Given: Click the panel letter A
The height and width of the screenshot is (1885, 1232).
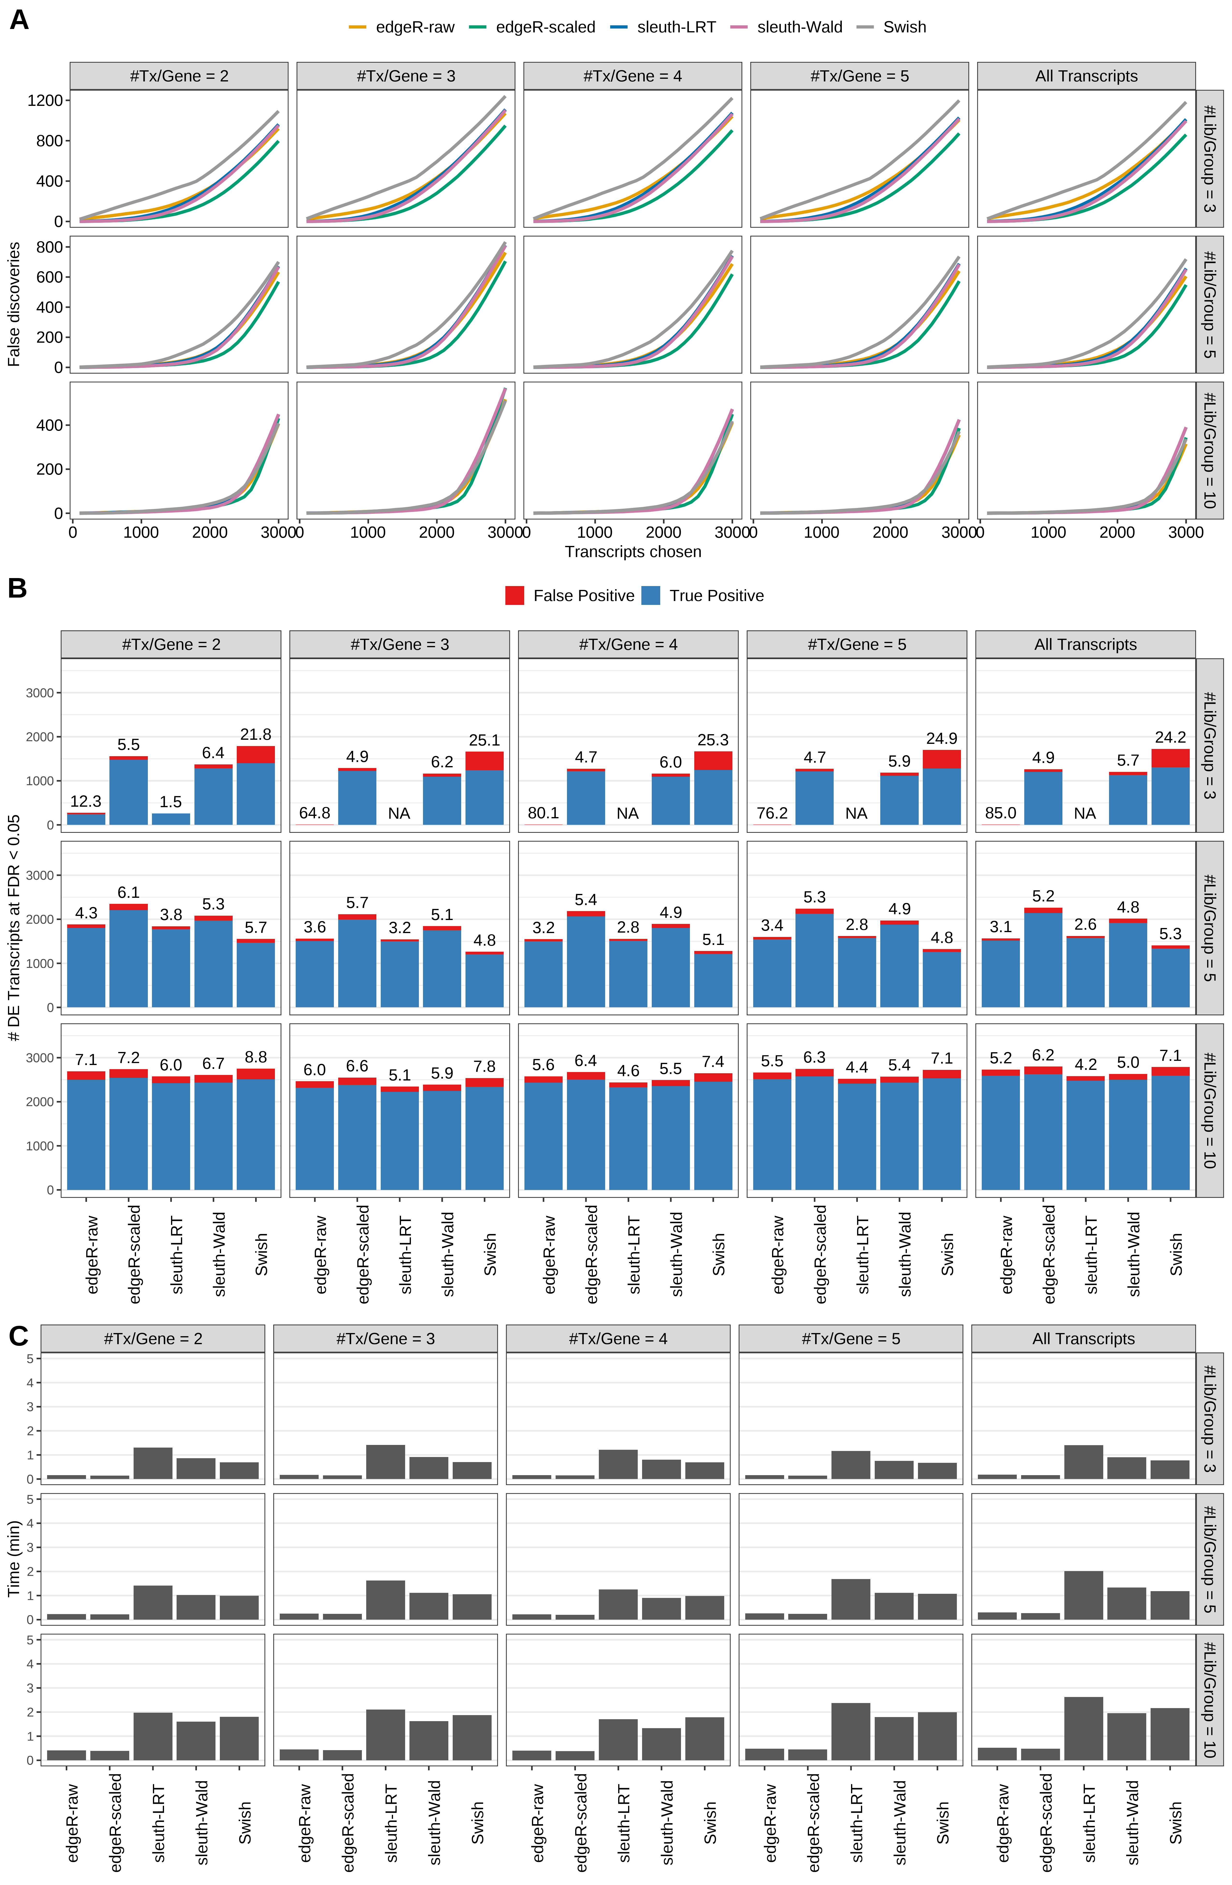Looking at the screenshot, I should pyautogui.click(x=19, y=20).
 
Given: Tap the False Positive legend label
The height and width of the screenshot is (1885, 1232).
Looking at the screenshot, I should pyautogui.click(x=584, y=596).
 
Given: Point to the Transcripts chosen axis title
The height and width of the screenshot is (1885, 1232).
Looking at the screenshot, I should pyautogui.click(x=633, y=552).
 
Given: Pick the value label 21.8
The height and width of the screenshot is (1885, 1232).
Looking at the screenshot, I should pyautogui.click(x=256, y=735).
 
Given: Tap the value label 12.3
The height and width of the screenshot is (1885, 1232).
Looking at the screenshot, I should pyautogui.click(x=86, y=802).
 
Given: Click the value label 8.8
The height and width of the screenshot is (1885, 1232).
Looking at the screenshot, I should pyautogui.click(x=256, y=1057).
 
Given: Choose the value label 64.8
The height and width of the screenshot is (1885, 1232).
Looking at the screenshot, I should pyautogui.click(x=314, y=813).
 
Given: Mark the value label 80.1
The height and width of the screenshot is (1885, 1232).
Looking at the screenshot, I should pyautogui.click(x=543, y=813).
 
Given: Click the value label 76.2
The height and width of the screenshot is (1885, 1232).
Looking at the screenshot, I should pyautogui.click(x=772, y=813).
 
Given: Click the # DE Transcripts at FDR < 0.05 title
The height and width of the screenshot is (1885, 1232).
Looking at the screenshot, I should pyautogui.click(x=14, y=928).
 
